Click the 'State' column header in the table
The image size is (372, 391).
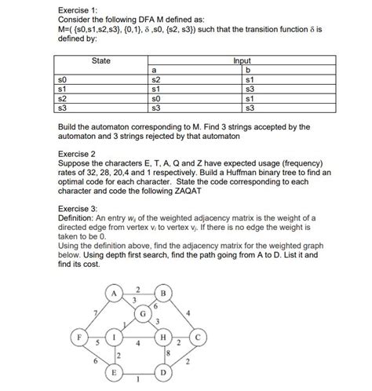(100, 60)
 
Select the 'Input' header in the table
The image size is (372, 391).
(245, 60)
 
